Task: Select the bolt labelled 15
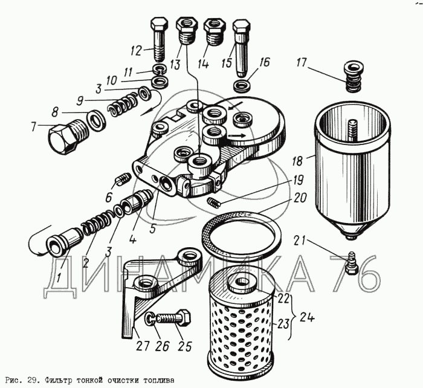(x=241, y=45)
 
